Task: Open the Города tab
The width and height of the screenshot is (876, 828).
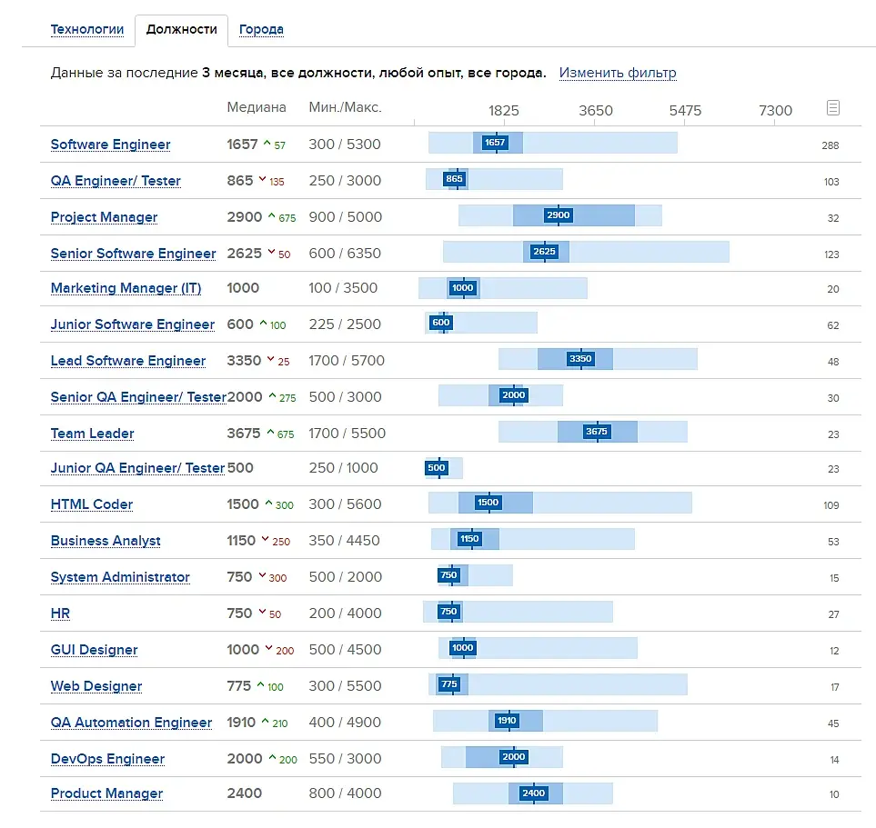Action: click(261, 29)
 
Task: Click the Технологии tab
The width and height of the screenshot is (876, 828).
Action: click(87, 29)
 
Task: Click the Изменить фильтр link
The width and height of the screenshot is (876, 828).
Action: click(618, 73)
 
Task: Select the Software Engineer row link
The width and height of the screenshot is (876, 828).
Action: click(110, 145)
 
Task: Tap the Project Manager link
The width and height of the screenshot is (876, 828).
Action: click(104, 217)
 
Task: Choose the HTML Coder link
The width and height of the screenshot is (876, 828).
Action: click(92, 504)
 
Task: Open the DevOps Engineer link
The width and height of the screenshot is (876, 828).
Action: click(107, 759)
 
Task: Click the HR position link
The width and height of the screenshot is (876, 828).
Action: click(60, 614)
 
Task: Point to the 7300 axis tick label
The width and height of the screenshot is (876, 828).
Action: click(775, 111)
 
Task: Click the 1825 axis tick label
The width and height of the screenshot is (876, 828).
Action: click(504, 111)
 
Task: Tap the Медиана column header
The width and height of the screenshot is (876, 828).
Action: click(257, 107)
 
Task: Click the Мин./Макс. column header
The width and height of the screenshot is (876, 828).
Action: click(345, 107)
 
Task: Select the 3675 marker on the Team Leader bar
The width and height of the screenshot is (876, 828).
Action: click(597, 432)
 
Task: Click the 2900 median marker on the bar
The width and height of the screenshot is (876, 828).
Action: click(558, 215)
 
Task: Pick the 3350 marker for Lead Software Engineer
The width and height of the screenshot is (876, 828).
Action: click(579, 359)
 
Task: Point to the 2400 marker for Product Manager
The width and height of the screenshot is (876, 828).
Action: click(533, 793)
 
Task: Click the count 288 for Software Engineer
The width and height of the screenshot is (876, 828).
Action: click(830, 145)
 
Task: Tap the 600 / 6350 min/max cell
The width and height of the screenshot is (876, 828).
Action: click(345, 254)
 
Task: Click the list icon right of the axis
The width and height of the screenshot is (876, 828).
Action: click(832, 108)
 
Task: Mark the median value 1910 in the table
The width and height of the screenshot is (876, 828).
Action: click(242, 723)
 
